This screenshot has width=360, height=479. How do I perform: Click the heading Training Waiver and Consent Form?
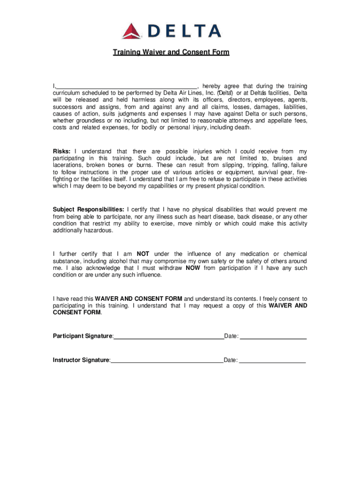pos(171,52)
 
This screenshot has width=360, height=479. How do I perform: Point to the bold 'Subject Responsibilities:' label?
pos(88,210)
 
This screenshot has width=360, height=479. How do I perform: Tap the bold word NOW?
pos(194,268)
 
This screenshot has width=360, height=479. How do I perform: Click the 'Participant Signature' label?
pos(82,336)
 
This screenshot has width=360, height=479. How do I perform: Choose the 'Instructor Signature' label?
pos(81,360)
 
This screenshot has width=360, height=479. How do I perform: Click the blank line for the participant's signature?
pos(169,337)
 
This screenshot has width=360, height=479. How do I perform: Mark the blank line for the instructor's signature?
pos(167,362)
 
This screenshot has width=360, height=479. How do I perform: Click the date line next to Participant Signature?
pos(273,337)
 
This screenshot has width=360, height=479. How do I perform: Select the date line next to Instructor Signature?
pos(272,362)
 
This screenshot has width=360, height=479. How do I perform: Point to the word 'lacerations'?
pos(67,165)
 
